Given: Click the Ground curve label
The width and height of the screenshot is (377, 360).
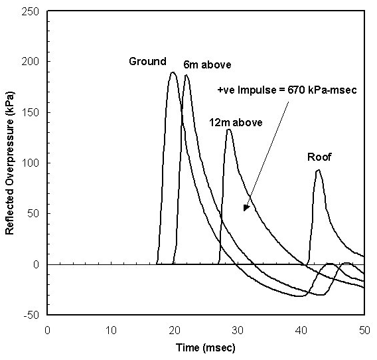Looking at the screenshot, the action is (x=147, y=61).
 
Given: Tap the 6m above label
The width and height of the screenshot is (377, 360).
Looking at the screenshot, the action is (x=207, y=64).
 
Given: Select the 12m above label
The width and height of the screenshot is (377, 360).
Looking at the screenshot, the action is (x=236, y=122).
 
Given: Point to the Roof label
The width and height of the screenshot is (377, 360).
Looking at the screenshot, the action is (x=319, y=157).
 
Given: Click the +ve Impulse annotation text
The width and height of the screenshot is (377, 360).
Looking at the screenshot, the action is (x=287, y=90).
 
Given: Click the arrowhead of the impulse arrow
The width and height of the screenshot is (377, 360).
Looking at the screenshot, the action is (x=246, y=208).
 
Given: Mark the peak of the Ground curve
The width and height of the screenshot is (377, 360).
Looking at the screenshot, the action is (x=173, y=72).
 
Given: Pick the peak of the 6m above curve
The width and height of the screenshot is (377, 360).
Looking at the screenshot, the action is (x=186, y=75).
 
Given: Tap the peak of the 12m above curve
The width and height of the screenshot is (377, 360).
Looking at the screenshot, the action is (x=228, y=130).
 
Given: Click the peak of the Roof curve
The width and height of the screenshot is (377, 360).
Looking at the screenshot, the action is (x=318, y=170).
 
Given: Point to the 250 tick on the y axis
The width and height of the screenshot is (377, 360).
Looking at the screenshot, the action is (x=30, y=11).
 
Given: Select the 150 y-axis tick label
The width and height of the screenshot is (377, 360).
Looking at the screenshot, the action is (x=30, y=113).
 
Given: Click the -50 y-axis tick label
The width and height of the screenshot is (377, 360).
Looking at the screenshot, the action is (x=31, y=315).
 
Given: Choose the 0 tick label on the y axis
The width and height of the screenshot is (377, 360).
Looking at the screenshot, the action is (x=36, y=264).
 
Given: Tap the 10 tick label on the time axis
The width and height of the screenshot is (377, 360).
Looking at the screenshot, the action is (x=111, y=330).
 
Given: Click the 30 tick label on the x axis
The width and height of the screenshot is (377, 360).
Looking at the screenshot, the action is (x=238, y=330).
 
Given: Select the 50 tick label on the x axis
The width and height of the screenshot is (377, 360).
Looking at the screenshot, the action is (x=364, y=330).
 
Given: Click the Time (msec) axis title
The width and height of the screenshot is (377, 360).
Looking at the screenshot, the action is (x=206, y=348).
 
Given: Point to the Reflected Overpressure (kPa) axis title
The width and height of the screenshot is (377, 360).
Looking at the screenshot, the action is (x=9, y=163).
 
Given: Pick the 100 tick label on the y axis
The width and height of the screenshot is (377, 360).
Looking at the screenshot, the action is (x=30, y=163).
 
